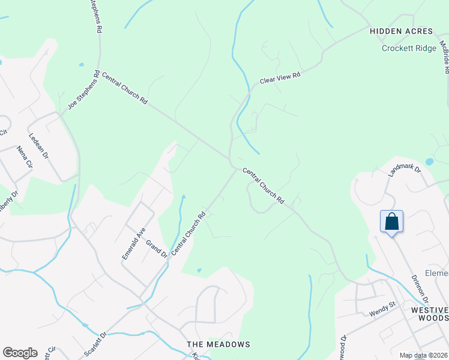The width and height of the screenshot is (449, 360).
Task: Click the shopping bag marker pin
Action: click(x=391, y=222)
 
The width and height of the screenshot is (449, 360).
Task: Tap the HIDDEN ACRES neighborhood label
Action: click(x=401, y=31)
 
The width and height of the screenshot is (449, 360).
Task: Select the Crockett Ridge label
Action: click(x=409, y=49)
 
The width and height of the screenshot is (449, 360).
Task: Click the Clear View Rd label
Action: click(x=280, y=76)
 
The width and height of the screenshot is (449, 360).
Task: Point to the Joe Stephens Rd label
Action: click(x=83, y=90)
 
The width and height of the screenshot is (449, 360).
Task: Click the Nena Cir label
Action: click(x=25, y=157)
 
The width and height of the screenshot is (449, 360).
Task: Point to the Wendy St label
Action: click(x=382, y=308)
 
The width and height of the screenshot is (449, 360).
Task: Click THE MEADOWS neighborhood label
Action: click(x=218, y=344)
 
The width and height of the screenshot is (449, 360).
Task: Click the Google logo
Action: click(x=20, y=353)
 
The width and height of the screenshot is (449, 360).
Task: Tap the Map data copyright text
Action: click(x=423, y=355)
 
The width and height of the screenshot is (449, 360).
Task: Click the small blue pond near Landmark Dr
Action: click(x=429, y=161)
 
